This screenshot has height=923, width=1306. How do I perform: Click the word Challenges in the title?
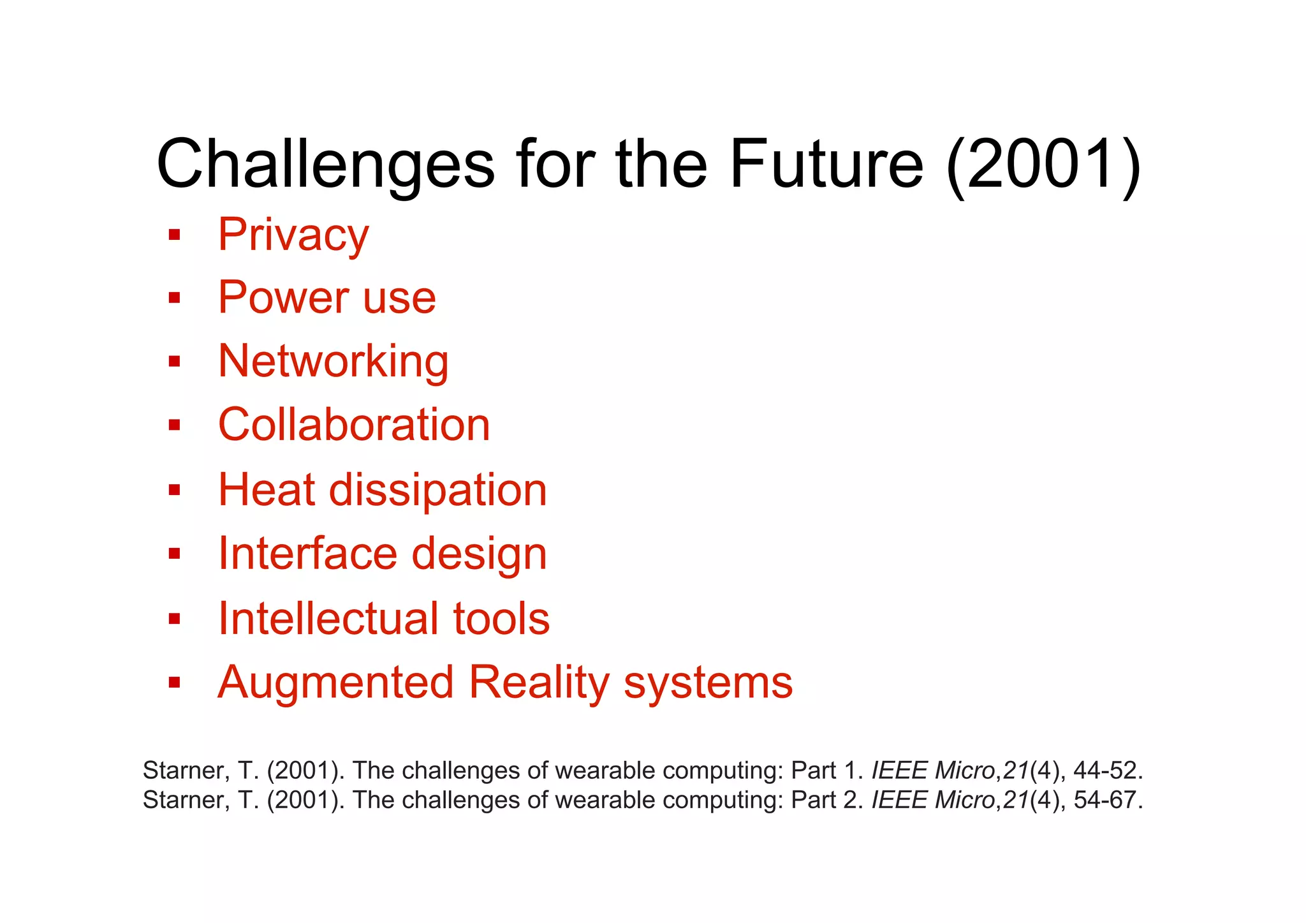click(x=325, y=165)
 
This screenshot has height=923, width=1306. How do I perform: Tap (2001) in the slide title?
click(x=1043, y=165)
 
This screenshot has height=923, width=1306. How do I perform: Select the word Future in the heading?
click(x=826, y=165)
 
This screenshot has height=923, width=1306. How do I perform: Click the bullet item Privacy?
click(x=293, y=235)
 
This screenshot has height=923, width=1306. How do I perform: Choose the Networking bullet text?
click(x=333, y=362)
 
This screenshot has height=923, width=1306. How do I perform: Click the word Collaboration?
click(x=354, y=425)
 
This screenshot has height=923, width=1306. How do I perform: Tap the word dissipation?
click(x=437, y=490)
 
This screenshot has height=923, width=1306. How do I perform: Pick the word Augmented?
click(x=335, y=682)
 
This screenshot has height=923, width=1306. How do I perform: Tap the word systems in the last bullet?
click(x=708, y=682)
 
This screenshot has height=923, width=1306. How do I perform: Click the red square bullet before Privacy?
click(x=174, y=235)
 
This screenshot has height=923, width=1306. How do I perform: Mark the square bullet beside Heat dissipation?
click(x=174, y=490)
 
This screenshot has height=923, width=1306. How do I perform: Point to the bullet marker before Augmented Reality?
click(x=174, y=683)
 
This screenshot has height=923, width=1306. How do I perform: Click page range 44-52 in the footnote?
click(x=1107, y=771)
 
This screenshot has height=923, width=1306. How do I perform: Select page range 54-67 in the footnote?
click(x=1107, y=800)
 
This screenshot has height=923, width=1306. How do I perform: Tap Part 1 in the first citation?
click(x=826, y=771)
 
